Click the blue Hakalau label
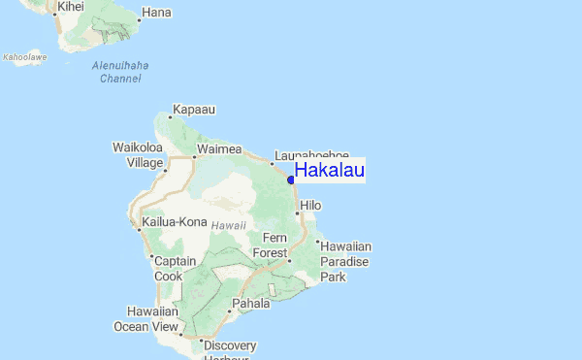[330, 171]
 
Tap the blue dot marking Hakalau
[291, 180]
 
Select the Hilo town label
[310, 206]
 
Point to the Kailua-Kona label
[175, 222]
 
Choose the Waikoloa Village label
[137, 155]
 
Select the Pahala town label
[251, 304]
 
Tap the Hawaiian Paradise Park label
[346, 262]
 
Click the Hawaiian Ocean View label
[153, 319]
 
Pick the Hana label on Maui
[155, 15]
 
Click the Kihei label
[71, 7]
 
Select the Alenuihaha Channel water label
[120, 72]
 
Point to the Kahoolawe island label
[24, 57]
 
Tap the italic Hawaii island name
[229, 224]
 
